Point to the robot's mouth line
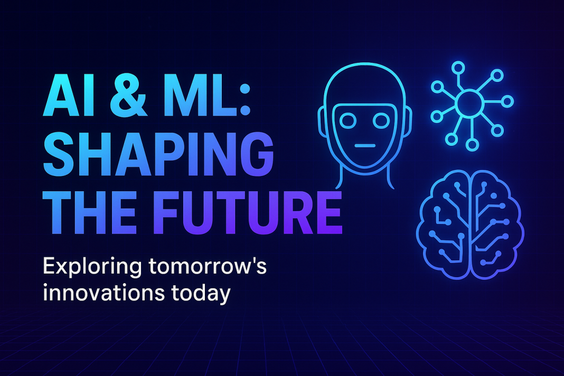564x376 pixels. click(364, 145)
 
